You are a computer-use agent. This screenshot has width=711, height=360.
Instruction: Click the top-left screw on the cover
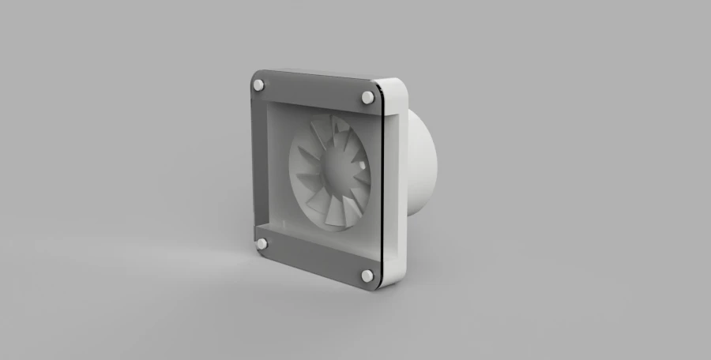259,84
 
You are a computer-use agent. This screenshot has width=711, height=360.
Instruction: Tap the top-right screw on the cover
367,97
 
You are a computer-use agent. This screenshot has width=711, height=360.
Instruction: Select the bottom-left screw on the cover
261,244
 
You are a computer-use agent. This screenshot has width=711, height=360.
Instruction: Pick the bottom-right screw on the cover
367,276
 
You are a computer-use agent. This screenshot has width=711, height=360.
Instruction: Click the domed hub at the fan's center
335,171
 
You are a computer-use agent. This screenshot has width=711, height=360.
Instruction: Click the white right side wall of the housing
394,182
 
